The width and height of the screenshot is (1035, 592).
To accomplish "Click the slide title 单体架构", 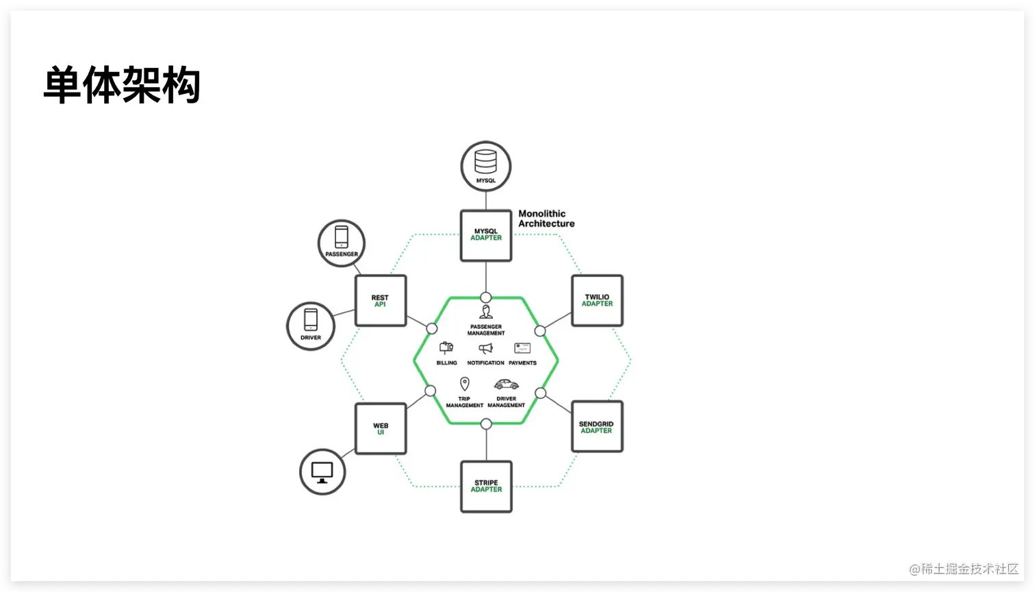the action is pyautogui.click(x=122, y=85).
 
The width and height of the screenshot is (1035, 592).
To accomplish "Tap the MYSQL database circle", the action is pyautogui.click(x=486, y=166).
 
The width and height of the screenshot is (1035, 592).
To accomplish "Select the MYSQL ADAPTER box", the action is pyautogui.click(x=486, y=236).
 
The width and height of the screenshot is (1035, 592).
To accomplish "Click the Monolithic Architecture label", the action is pyautogui.click(x=546, y=219).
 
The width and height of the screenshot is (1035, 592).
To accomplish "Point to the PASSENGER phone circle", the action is pyautogui.click(x=342, y=243).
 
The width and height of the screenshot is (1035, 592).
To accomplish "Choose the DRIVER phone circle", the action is pyautogui.click(x=311, y=326).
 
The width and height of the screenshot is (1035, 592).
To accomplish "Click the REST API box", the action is pyautogui.click(x=381, y=301).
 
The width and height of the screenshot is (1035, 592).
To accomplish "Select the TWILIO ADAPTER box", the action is pyautogui.click(x=597, y=301).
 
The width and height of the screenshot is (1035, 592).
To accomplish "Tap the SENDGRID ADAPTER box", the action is pyautogui.click(x=597, y=427).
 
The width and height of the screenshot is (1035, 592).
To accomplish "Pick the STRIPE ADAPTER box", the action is pyautogui.click(x=486, y=486).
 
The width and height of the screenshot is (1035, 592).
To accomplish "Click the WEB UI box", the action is pyautogui.click(x=381, y=429).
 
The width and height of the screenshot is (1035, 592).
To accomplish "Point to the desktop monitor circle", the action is pyautogui.click(x=322, y=472).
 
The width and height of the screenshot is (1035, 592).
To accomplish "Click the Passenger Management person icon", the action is pyautogui.click(x=486, y=312).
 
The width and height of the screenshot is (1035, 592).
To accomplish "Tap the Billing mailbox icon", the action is pyautogui.click(x=446, y=348).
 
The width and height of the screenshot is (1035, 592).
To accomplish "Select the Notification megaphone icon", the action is pyautogui.click(x=486, y=349).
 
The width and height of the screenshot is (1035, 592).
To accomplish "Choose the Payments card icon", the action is pyautogui.click(x=522, y=349).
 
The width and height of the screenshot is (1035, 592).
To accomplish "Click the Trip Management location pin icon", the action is pyautogui.click(x=465, y=384).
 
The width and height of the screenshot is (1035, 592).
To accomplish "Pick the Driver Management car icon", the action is pyautogui.click(x=507, y=384).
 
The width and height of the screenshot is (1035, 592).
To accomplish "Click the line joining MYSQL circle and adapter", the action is pyautogui.click(x=486, y=200).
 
